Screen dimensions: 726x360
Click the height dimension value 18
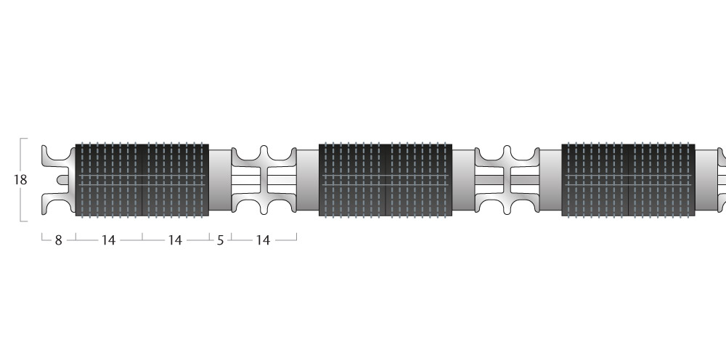coord(20,179)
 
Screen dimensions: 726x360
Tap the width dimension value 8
coord(58,240)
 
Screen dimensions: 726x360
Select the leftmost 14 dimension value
coord(108,240)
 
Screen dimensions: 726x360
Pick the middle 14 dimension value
coord(175,240)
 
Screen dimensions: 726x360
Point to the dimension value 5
coord(220,240)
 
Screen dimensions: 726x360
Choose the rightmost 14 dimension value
coord(263,240)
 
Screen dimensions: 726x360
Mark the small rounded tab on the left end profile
coord(62,179)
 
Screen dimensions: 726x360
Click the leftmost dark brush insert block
coord(142,179)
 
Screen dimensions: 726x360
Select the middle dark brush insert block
coord(386,179)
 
